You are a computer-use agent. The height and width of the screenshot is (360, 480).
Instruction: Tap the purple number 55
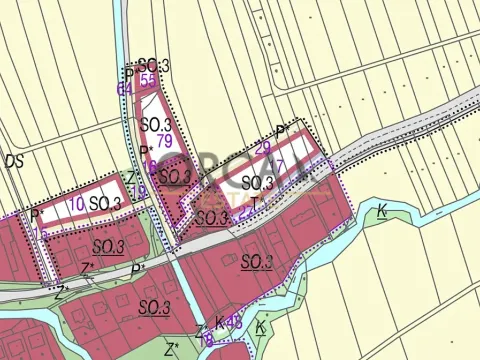[148, 80]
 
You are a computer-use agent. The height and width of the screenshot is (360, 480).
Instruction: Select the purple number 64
[125, 89]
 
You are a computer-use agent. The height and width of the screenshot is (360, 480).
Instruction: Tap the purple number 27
[277, 166]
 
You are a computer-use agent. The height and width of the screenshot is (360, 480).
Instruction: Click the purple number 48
[235, 322]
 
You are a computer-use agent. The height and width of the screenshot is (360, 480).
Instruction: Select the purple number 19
[207, 339]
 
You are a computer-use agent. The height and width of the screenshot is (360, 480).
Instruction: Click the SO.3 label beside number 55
[155, 66]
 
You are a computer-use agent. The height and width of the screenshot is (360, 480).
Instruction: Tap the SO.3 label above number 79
[155, 124]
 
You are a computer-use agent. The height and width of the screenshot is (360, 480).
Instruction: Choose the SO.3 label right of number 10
[105, 204]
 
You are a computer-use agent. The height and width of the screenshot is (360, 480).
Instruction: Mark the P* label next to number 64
[129, 75]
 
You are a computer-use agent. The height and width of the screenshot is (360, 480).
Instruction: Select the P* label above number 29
[282, 131]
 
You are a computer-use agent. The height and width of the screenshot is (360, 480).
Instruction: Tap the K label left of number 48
[219, 324]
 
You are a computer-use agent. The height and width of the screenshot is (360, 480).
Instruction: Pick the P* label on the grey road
[137, 269]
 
